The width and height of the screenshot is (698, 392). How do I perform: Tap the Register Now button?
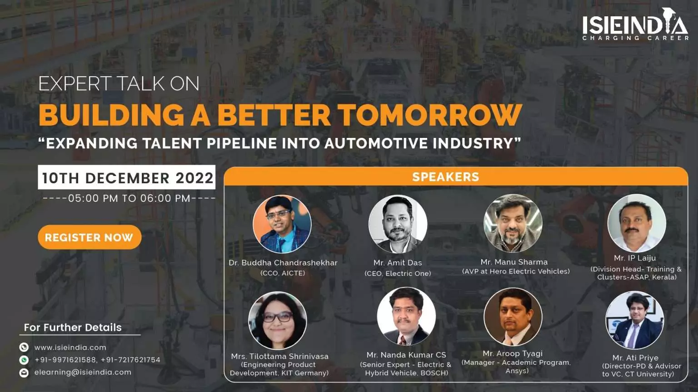90,237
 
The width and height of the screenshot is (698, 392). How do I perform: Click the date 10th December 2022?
127,178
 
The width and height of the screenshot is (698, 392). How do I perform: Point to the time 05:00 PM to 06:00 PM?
129,198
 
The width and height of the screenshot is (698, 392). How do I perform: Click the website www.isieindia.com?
70,347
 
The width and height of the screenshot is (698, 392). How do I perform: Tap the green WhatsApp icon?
24,360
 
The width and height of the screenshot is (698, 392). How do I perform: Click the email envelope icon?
24,372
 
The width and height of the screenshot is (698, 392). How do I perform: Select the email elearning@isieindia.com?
83,372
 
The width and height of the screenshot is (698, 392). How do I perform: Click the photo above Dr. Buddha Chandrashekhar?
282,224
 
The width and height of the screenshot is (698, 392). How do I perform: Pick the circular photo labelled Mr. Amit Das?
398,224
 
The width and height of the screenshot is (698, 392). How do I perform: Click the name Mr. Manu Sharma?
514,262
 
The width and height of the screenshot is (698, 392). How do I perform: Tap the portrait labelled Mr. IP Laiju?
637,223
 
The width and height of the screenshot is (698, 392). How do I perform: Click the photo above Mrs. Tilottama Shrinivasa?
278,320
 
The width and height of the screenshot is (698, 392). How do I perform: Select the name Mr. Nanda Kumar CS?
406,355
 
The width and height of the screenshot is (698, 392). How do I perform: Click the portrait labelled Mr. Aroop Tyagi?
513,317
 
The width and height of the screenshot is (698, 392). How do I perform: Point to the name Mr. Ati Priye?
635,358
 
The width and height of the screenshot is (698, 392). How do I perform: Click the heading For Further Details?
73,327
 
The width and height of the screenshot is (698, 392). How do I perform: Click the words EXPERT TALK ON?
119,83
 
